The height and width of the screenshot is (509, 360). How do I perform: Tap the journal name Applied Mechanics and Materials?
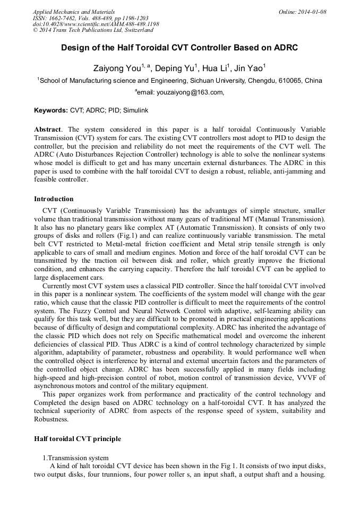coord(73,12)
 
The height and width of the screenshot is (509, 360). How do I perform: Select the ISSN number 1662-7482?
coord(64,18)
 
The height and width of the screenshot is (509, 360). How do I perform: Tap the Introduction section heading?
coord(54,199)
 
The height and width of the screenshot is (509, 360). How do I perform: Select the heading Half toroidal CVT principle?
coord(78,439)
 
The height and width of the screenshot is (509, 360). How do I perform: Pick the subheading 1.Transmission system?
coord(75,458)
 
